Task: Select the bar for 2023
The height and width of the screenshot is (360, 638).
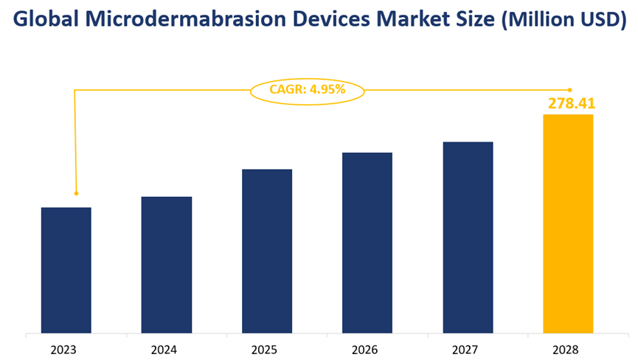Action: (x=66, y=270)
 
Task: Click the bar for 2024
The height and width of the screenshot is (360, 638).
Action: (x=167, y=265)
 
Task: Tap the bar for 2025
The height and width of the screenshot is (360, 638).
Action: (x=267, y=251)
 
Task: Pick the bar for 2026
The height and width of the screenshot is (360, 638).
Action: (x=367, y=243)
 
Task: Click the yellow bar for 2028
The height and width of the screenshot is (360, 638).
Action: (x=568, y=224)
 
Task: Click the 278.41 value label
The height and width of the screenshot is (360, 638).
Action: (x=571, y=103)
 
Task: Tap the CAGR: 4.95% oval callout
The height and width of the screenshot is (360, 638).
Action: (x=308, y=91)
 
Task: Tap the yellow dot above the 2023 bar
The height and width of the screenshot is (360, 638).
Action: (x=75, y=193)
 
